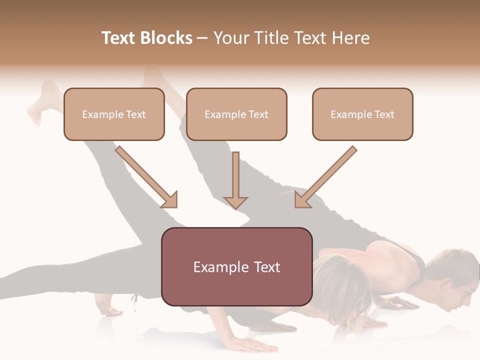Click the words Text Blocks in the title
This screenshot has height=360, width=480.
tap(147, 38)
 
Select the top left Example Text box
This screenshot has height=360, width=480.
tap(114, 114)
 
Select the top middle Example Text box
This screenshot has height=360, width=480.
tap(236, 114)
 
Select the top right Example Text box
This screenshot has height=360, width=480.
tap(362, 114)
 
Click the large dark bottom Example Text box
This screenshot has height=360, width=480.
tap(236, 267)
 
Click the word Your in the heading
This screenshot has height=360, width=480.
tap(230, 38)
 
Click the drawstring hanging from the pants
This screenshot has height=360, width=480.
tap(135, 303)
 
